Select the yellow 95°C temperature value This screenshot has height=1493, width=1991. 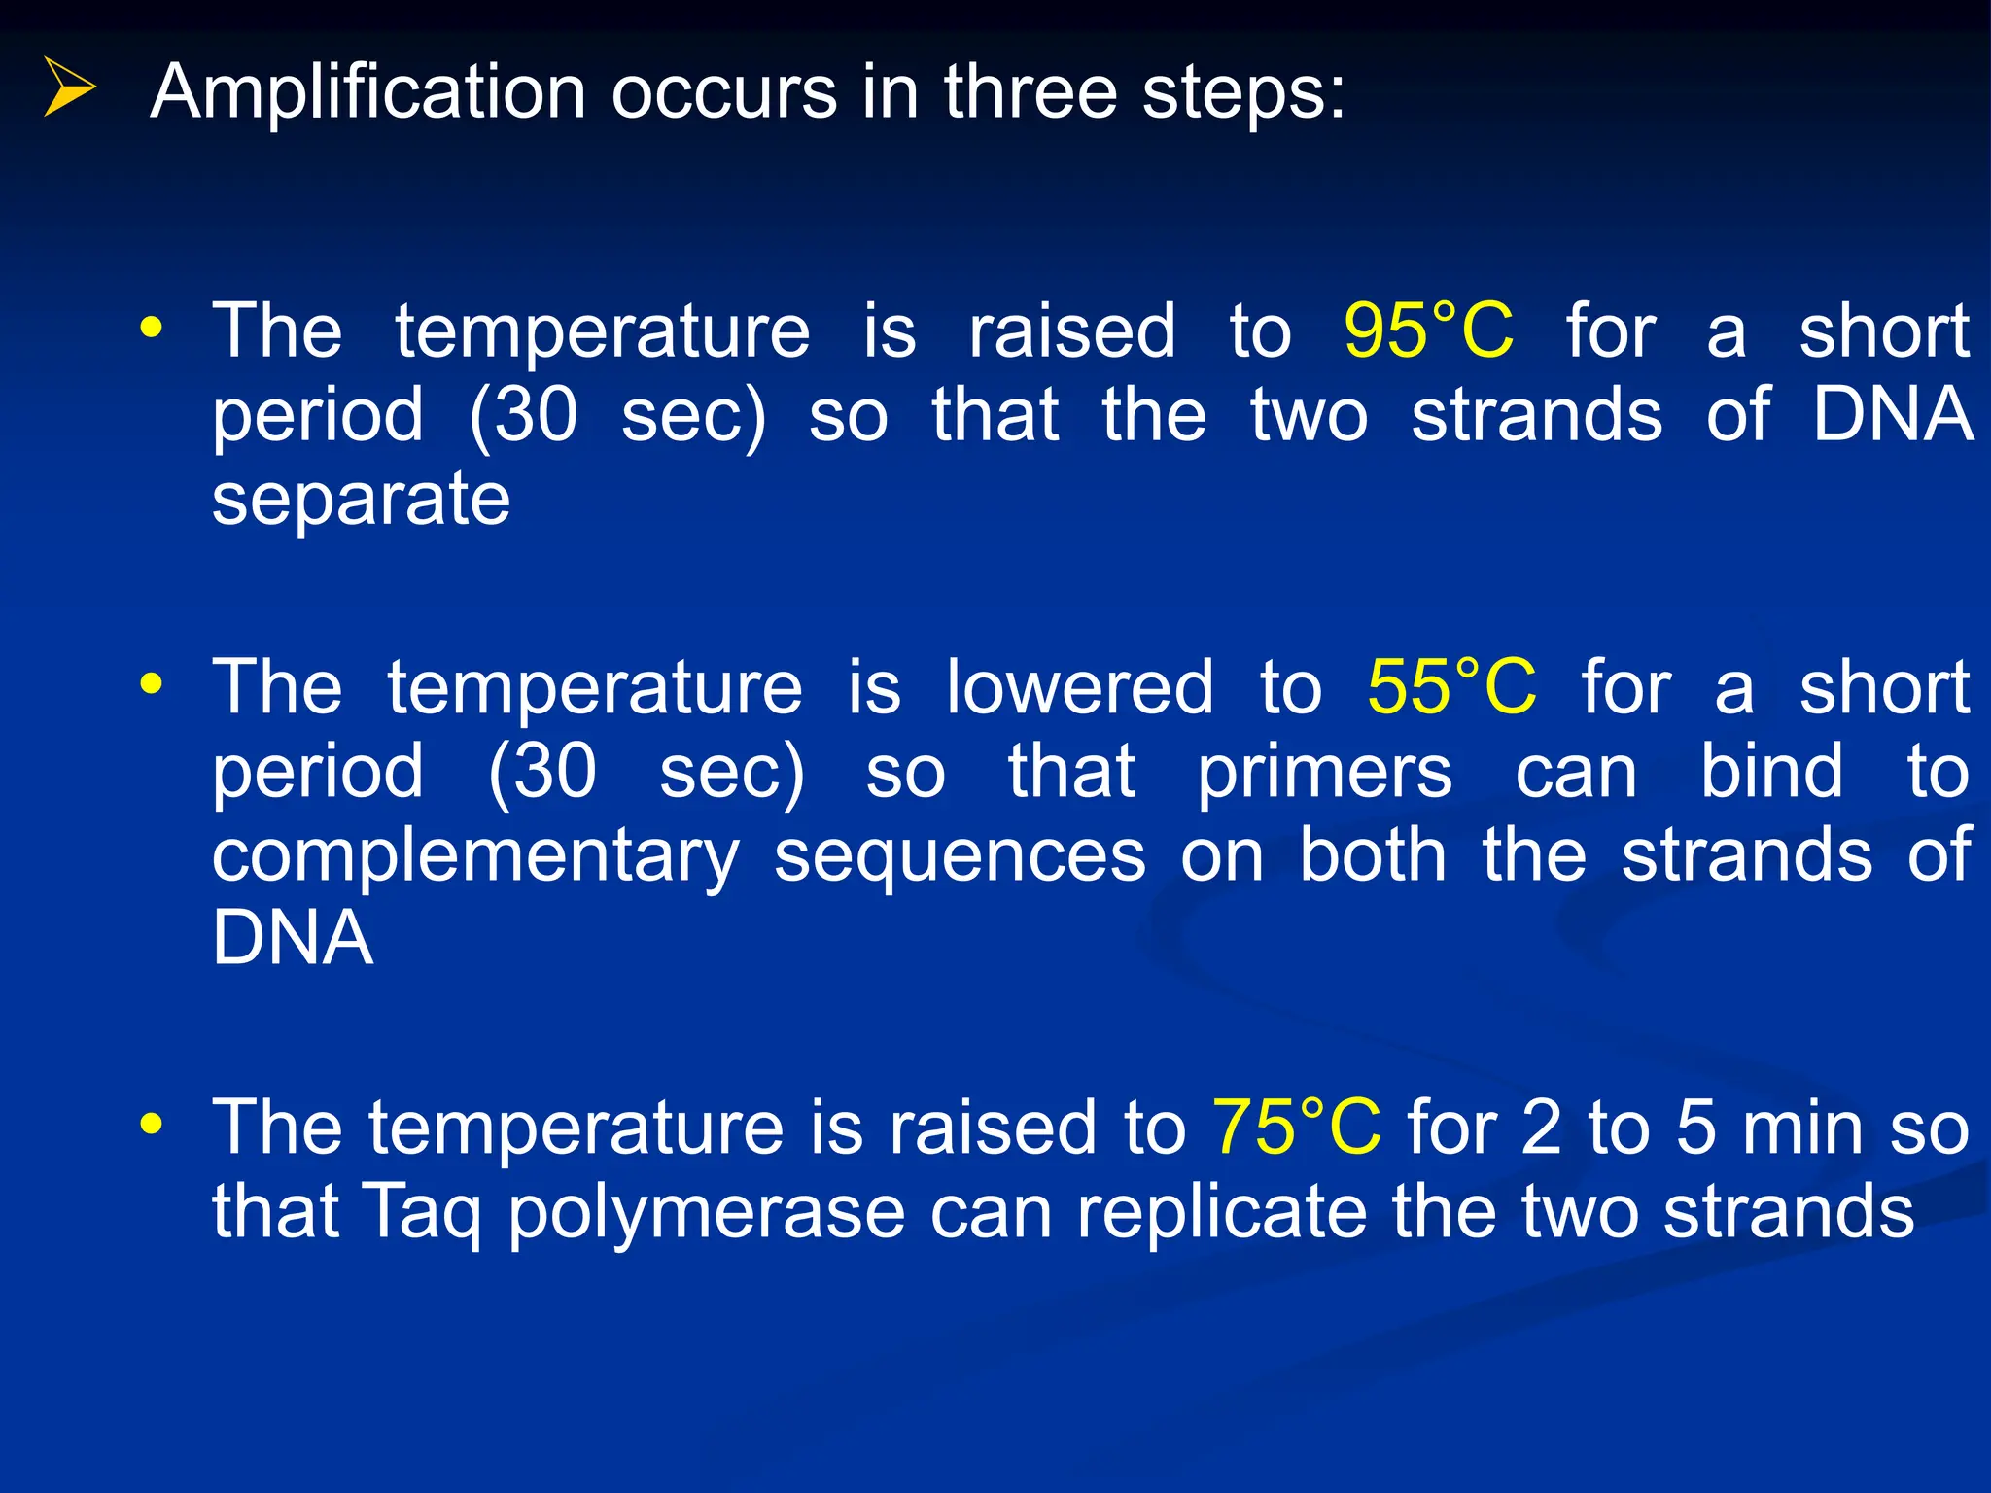[x=1428, y=331]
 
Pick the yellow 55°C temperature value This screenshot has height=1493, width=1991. [x=1451, y=687]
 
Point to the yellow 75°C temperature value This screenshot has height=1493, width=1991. [x=1296, y=1128]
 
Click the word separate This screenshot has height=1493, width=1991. [x=361, y=502]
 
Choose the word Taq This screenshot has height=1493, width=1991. [x=422, y=1213]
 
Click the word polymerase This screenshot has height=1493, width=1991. [x=707, y=1213]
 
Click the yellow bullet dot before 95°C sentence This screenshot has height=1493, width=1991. [x=151, y=328]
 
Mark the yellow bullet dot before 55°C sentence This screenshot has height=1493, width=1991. [x=151, y=683]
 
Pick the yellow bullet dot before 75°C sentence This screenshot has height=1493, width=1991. [x=151, y=1125]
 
